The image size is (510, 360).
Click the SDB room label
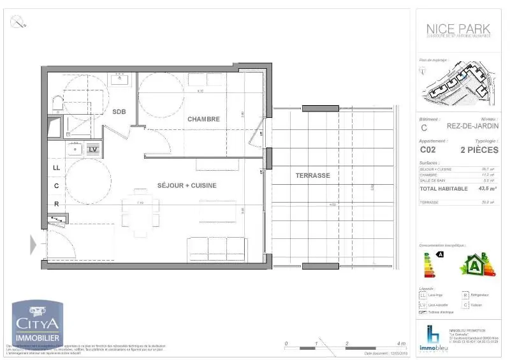[x=119, y=112]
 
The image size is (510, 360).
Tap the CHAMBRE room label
[x=203, y=119]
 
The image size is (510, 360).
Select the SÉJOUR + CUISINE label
[x=187, y=185]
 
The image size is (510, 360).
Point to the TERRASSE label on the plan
[x=312, y=175]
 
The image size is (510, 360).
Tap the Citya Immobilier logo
[x=38, y=325]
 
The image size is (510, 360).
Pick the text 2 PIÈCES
[x=479, y=150]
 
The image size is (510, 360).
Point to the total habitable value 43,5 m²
[x=486, y=189]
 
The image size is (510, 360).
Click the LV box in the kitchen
[x=93, y=149]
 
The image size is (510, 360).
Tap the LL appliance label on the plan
[x=57, y=168]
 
